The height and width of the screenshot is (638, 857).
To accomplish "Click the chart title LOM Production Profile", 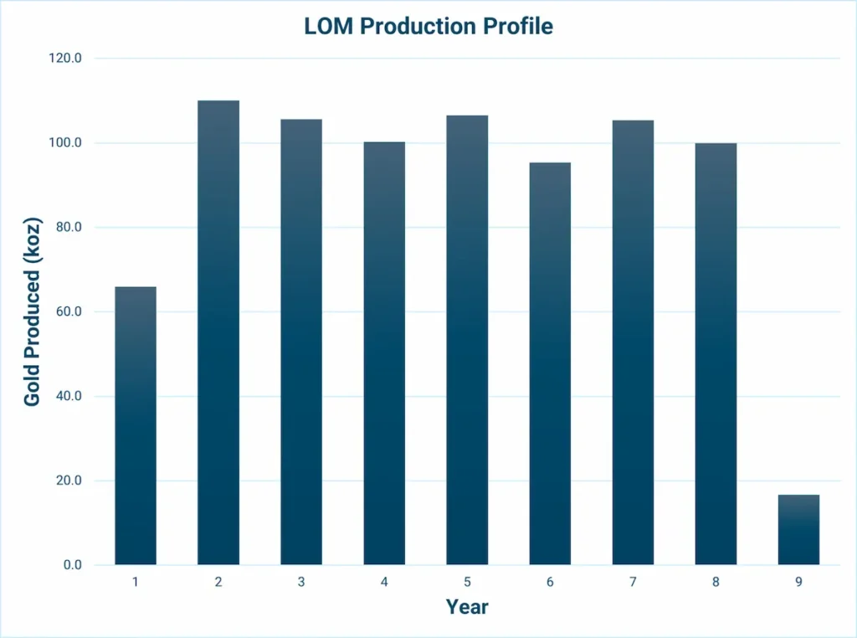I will pyautogui.click(x=428, y=26).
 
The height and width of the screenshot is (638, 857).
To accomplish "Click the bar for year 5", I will pyautogui.click(x=467, y=340).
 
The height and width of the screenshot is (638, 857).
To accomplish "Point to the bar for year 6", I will pyautogui.click(x=550, y=363).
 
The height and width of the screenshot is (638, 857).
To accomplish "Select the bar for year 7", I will pyautogui.click(x=633, y=342).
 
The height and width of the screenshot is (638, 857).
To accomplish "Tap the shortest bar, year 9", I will pyautogui.click(x=798, y=529).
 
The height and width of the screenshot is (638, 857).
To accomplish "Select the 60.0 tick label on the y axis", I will pyautogui.click(x=67, y=311).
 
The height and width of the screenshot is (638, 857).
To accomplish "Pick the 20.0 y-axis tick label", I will pyautogui.click(x=67, y=481).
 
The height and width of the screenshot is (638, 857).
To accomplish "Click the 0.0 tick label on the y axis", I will pyautogui.click(x=70, y=565).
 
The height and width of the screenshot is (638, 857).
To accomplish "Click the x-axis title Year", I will pyautogui.click(x=467, y=606).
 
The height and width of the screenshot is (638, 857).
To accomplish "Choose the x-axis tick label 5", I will pyautogui.click(x=467, y=582).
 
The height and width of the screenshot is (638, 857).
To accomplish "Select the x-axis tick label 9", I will pyautogui.click(x=798, y=582).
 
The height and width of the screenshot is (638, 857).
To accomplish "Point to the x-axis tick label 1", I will pyautogui.click(x=136, y=582).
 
